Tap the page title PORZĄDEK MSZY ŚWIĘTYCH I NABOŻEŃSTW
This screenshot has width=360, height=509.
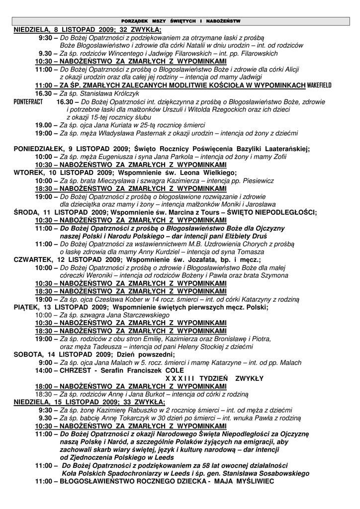[x=181, y=21]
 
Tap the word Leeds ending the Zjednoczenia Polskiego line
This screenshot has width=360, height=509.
[x=164, y=457]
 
